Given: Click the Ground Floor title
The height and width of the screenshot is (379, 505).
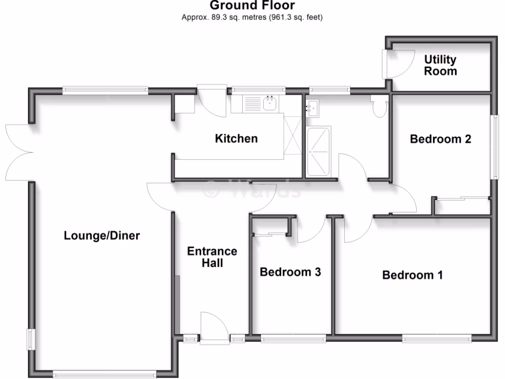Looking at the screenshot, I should tap(252, 6).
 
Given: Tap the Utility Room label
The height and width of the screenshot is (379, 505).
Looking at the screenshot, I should tap(440, 65).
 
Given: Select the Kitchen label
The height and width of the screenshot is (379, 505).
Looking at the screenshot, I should tap(236, 139).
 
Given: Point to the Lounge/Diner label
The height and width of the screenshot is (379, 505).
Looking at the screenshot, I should tap(102, 236).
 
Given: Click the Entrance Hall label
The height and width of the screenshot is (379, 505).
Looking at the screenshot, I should tap(212, 257).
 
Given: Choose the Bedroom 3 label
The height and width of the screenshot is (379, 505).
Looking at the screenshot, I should tap(290, 272).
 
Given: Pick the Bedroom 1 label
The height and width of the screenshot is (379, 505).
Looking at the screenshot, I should tap(412, 275).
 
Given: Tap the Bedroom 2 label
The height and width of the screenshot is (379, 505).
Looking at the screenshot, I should tap(440, 139).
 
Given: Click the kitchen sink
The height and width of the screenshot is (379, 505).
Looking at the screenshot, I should tap(269, 104).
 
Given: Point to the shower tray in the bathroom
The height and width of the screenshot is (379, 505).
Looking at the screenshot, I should tap(319, 151).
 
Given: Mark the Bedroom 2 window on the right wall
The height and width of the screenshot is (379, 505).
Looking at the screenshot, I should tap(492, 147).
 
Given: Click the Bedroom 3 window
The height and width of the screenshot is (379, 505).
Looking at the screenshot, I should tap(293, 339).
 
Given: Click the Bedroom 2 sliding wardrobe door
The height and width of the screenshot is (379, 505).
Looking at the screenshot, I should tap(463, 198).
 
